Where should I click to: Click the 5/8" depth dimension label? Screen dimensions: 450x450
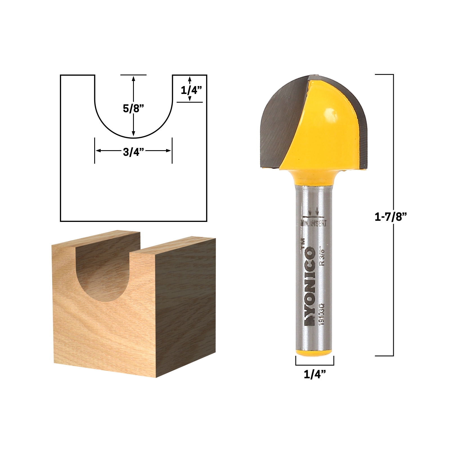click(x=133, y=108)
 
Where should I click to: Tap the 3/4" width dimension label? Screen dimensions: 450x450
click(x=133, y=152)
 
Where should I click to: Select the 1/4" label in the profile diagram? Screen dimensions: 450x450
click(x=191, y=90)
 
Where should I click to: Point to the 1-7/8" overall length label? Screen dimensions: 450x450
click(x=391, y=217)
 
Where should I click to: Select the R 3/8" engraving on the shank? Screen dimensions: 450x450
click(x=322, y=256)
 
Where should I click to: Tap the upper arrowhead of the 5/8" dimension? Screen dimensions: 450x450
click(x=134, y=78)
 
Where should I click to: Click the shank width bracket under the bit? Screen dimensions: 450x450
click(x=315, y=364)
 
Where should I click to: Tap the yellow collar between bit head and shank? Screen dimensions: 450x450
click(x=314, y=177)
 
